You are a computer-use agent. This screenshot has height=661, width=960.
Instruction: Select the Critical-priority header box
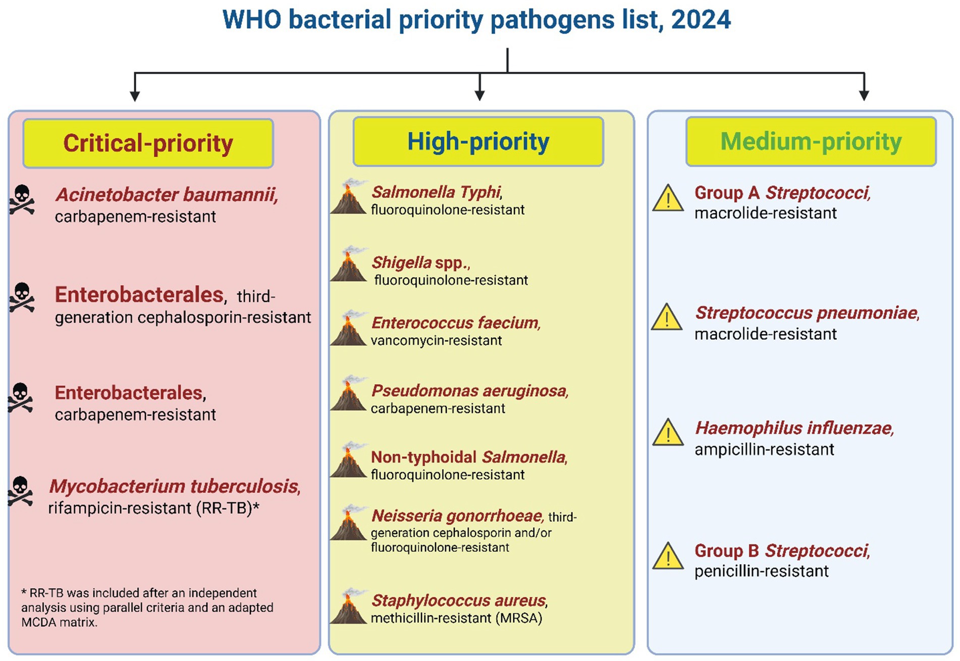[148, 143]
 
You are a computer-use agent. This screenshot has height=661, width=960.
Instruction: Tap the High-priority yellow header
[478, 142]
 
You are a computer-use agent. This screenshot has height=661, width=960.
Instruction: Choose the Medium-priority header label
[811, 142]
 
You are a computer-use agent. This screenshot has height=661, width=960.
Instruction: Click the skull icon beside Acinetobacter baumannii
[22, 200]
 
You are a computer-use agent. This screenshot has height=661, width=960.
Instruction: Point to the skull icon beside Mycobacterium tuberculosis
[21, 491]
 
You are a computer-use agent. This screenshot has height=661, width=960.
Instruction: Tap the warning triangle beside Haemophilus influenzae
[667, 433]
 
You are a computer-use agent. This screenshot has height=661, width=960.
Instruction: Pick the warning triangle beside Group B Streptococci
[667, 556]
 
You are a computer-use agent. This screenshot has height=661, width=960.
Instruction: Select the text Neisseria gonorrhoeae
[457, 516]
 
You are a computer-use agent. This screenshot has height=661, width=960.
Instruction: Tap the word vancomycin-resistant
[436, 341]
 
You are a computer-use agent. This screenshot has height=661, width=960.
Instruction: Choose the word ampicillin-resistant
[764, 449]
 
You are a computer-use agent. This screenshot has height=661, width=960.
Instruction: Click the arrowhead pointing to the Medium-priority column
[864, 95]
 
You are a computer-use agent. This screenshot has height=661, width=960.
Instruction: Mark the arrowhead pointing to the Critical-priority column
[134, 95]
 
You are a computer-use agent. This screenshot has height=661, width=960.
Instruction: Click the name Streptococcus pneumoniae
[806, 313]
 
